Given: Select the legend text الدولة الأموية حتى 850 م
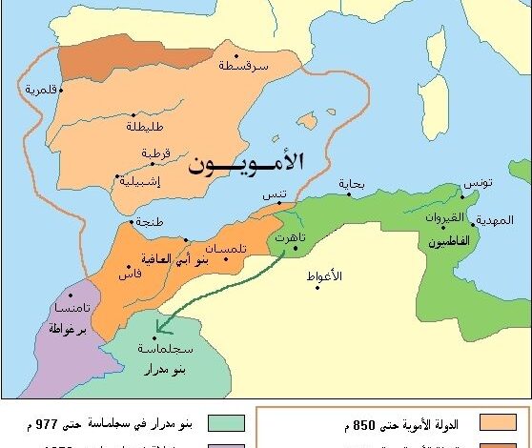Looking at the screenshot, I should click(x=401, y=422).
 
